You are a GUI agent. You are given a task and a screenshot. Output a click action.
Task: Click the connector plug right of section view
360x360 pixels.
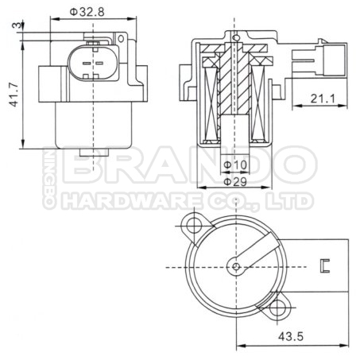314,60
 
